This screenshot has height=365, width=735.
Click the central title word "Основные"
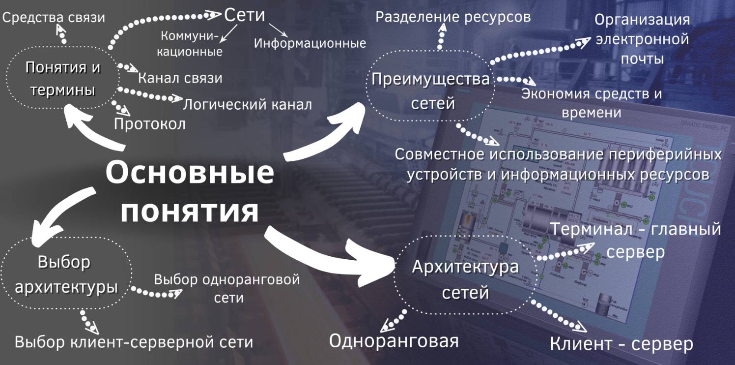pos(190,174)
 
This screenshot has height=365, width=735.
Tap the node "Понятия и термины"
pos(62,79)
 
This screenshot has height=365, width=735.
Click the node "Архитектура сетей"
pos(465,280)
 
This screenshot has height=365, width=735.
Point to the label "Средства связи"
pos(54,18)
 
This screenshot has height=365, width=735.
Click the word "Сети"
pos(244,15)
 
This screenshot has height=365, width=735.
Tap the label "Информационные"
pos(310,43)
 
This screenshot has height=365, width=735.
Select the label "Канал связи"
pos(180,78)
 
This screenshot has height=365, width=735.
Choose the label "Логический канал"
pos(247,104)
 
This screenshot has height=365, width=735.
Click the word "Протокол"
pos(150,124)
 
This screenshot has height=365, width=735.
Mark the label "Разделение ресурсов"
pos(453,17)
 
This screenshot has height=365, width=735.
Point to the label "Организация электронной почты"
pos(642,39)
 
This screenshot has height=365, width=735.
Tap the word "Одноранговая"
pos(394,341)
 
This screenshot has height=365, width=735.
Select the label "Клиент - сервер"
pos(621,344)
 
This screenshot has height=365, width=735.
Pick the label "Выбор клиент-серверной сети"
pos(134,342)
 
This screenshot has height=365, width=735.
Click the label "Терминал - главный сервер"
pos(636,240)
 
